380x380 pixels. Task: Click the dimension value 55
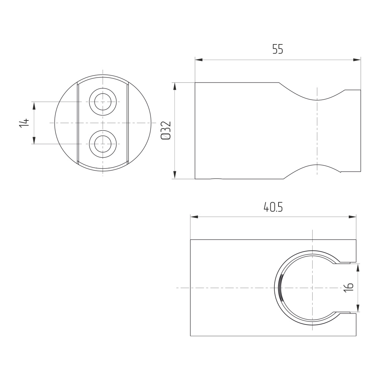(x=278, y=49)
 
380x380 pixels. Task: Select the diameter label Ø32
(x=166, y=130)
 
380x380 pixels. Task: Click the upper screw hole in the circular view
(x=103, y=102)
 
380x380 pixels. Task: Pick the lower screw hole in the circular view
(x=103, y=144)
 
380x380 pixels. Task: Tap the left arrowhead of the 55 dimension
(x=199, y=60)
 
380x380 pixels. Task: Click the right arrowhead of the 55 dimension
(x=357, y=60)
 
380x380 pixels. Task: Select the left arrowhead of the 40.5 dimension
(x=194, y=217)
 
